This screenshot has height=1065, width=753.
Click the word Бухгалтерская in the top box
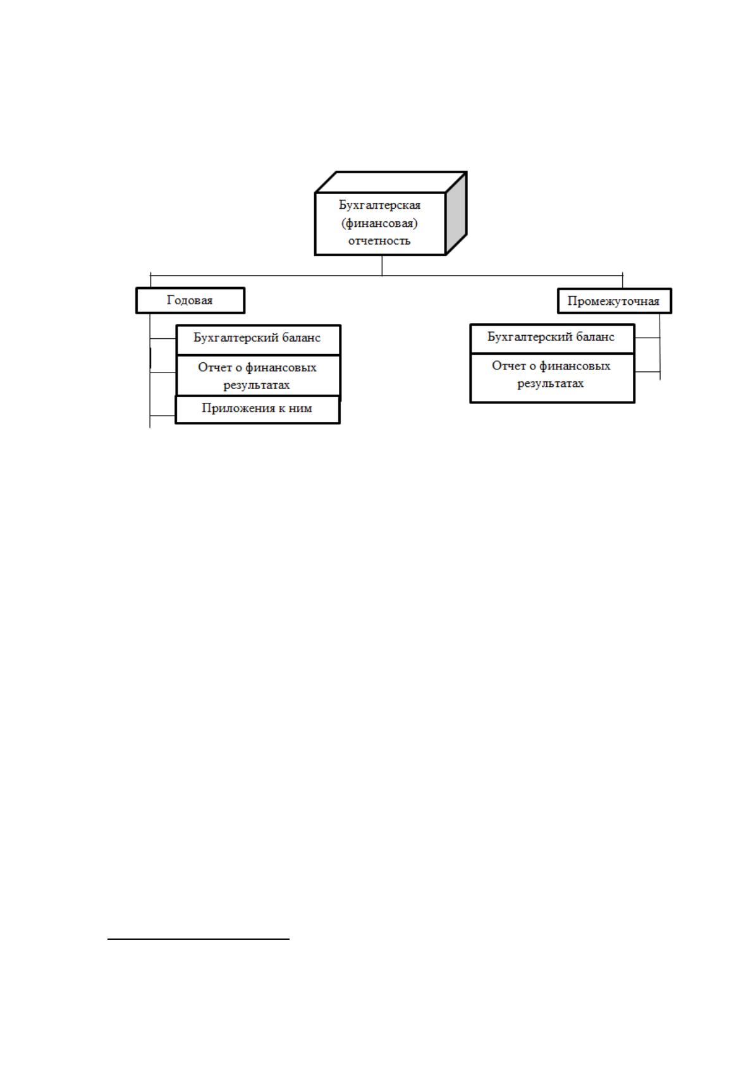click(379, 205)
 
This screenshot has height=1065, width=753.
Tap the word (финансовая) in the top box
click(379, 223)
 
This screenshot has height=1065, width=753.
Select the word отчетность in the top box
click(379, 240)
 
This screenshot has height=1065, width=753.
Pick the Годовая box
click(190, 300)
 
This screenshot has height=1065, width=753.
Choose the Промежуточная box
click(614, 301)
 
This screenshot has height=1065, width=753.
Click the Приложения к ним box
click(258, 409)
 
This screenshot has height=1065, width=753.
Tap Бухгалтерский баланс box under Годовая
click(259, 340)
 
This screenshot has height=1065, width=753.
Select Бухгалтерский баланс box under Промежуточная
click(553, 338)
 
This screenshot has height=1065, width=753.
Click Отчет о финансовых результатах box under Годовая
click(259, 375)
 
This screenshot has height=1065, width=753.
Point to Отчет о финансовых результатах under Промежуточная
click(553, 378)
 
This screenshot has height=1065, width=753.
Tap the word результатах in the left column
click(257, 385)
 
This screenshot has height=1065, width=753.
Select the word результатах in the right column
click(551, 384)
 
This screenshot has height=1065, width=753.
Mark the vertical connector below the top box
click(382, 265)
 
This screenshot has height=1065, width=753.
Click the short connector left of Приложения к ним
click(163, 416)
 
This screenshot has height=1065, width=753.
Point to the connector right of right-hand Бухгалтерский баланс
click(647, 338)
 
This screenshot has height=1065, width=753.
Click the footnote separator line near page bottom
click(199, 939)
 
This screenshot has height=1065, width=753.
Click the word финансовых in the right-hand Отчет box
click(574, 366)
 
